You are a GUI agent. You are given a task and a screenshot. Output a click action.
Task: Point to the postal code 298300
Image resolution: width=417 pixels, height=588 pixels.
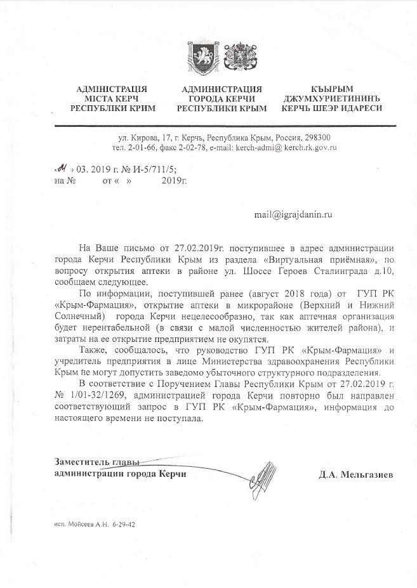point(317,138)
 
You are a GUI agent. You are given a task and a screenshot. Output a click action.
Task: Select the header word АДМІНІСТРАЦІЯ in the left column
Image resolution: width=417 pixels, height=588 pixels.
point(111,89)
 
